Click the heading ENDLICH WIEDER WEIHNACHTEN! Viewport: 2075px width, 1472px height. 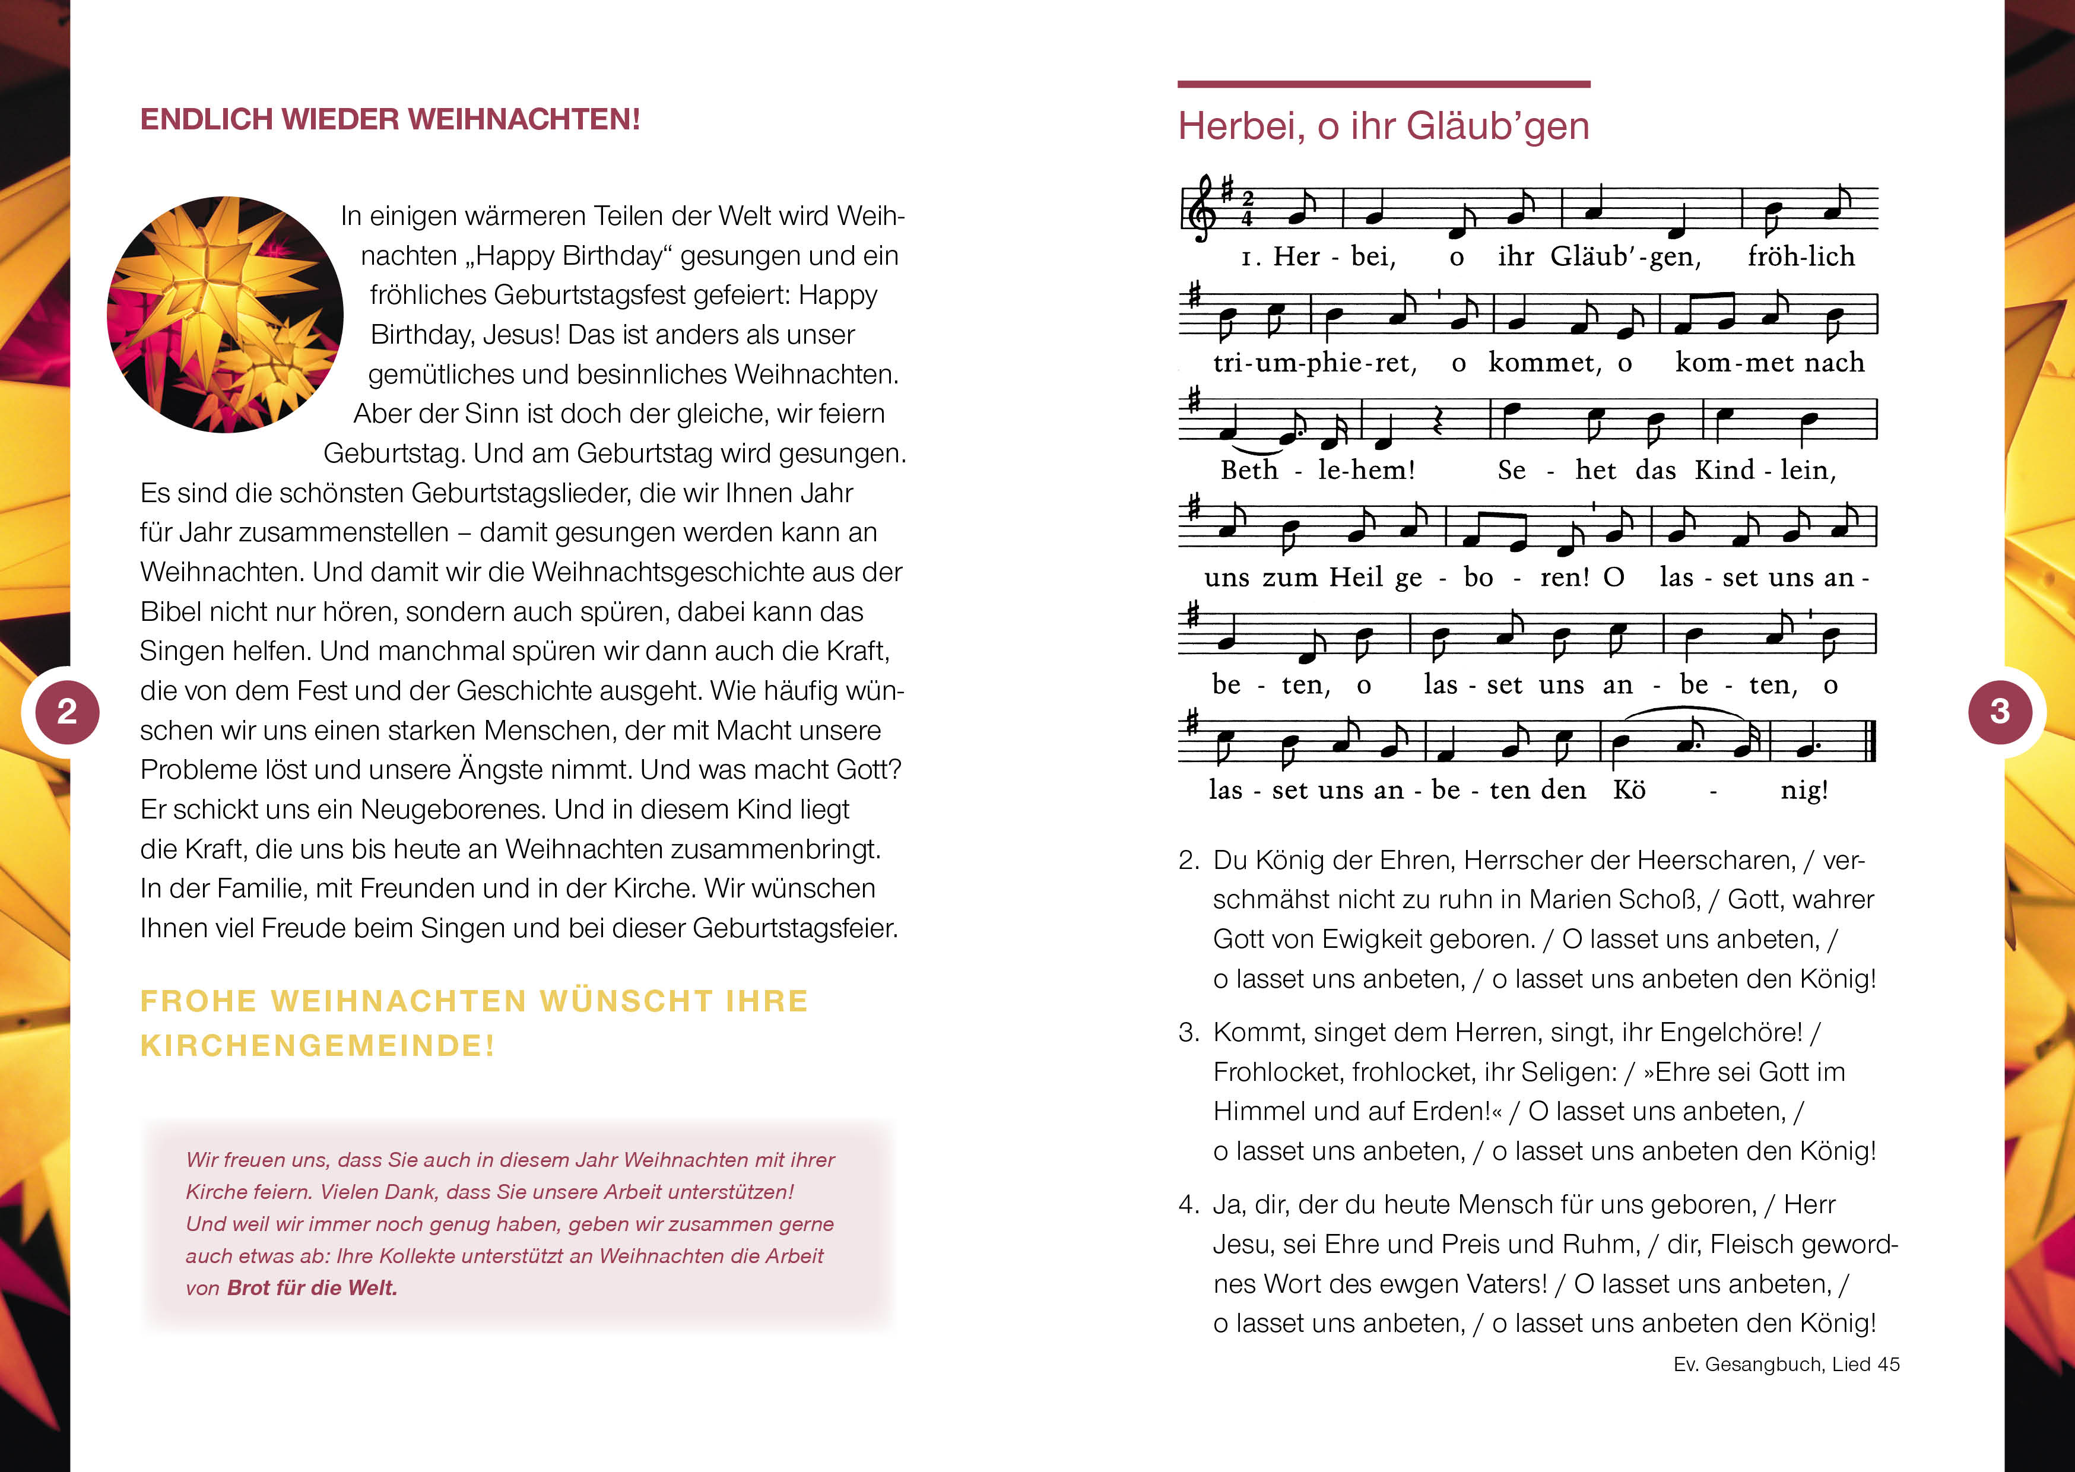(x=389, y=120)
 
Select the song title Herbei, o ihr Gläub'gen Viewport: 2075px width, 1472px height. (x=1383, y=126)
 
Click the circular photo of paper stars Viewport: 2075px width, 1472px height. (x=225, y=315)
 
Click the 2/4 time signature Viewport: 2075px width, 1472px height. (x=1248, y=208)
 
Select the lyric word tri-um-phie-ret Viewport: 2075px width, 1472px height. (x=1314, y=363)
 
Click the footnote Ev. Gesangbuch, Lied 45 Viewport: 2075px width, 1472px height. (x=1786, y=1364)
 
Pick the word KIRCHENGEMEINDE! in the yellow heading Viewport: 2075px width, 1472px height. (x=317, y=1046)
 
